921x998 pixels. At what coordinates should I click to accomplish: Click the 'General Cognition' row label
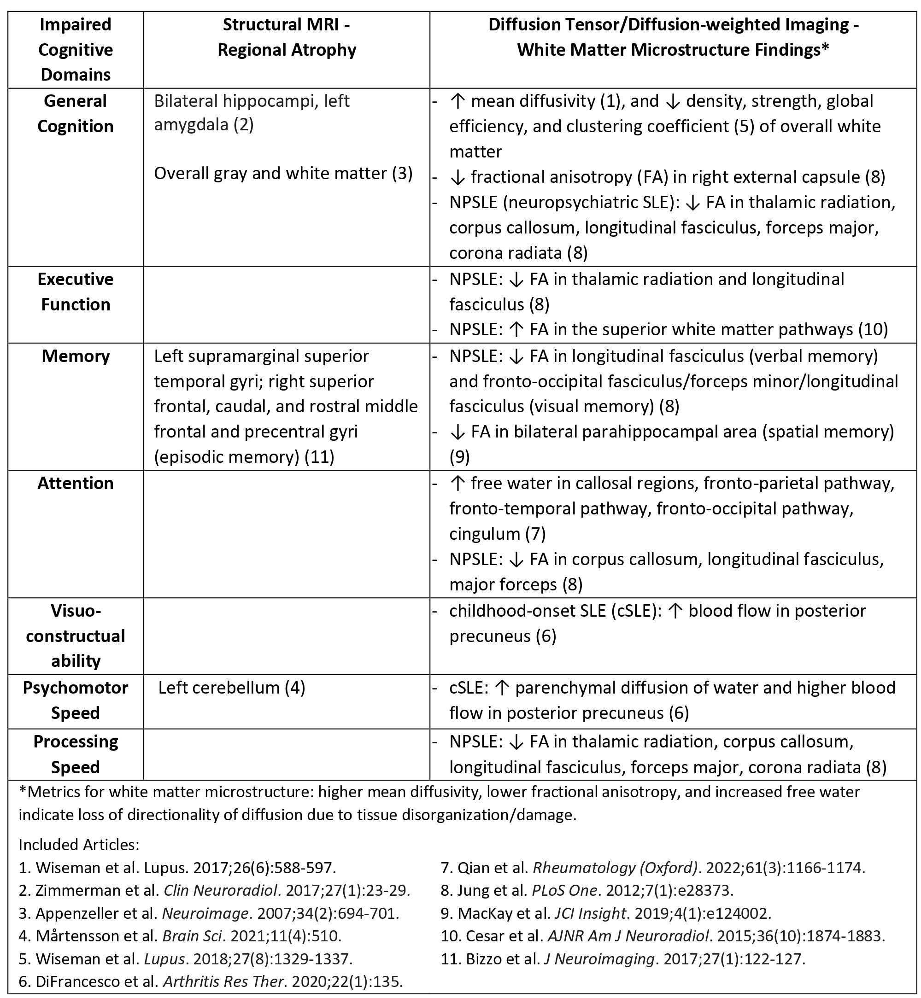click(75, 114)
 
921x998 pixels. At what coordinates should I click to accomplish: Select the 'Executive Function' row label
click(75, 292)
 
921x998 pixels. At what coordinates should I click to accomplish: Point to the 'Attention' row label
click(75, 483)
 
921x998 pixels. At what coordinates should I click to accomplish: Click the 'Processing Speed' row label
click(75, 754)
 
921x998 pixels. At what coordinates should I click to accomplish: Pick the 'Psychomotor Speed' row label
click(75, 700)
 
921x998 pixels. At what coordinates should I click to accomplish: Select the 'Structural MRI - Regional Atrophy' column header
click(287, 37)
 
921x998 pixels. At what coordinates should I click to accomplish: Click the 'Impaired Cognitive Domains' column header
click(75, 49)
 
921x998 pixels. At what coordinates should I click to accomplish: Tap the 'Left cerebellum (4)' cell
click(231, 688)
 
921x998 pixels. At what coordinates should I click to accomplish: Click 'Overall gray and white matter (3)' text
click(283, 173)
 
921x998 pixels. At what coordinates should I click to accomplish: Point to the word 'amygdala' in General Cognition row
click(191, 124)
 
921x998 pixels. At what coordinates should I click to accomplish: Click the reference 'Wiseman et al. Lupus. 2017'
click(177, 868)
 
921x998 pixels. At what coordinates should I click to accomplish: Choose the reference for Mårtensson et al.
click(180, 935)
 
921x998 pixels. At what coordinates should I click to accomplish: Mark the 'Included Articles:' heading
click(79, 845)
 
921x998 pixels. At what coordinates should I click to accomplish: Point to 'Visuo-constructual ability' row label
click(75, 636)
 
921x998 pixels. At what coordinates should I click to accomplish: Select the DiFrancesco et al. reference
click(210, 981)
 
